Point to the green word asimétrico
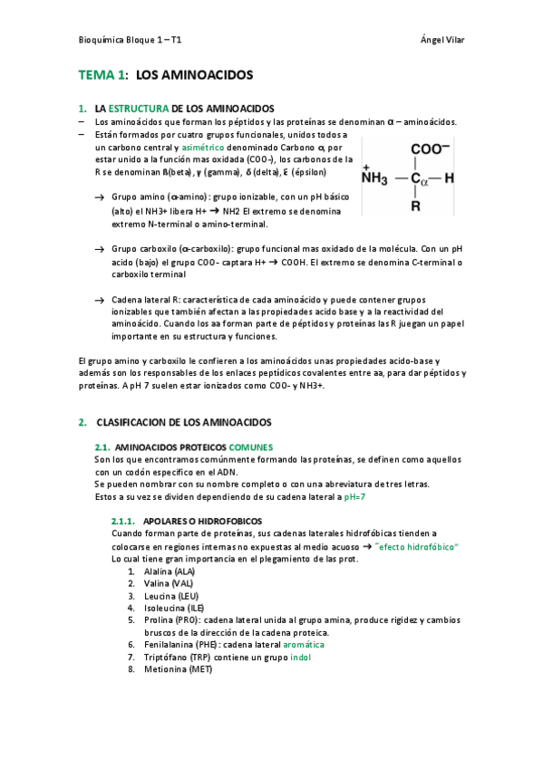tap(204, 146)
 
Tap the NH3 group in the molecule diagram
tap(374, 178)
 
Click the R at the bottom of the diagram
tap(415, 206)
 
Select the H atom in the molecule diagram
tap(450, 178)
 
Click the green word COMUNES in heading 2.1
tap(251, 447)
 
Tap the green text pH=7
tap(361, 497)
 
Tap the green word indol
tap(300, 657)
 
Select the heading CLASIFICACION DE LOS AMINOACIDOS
tap(183, 422)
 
